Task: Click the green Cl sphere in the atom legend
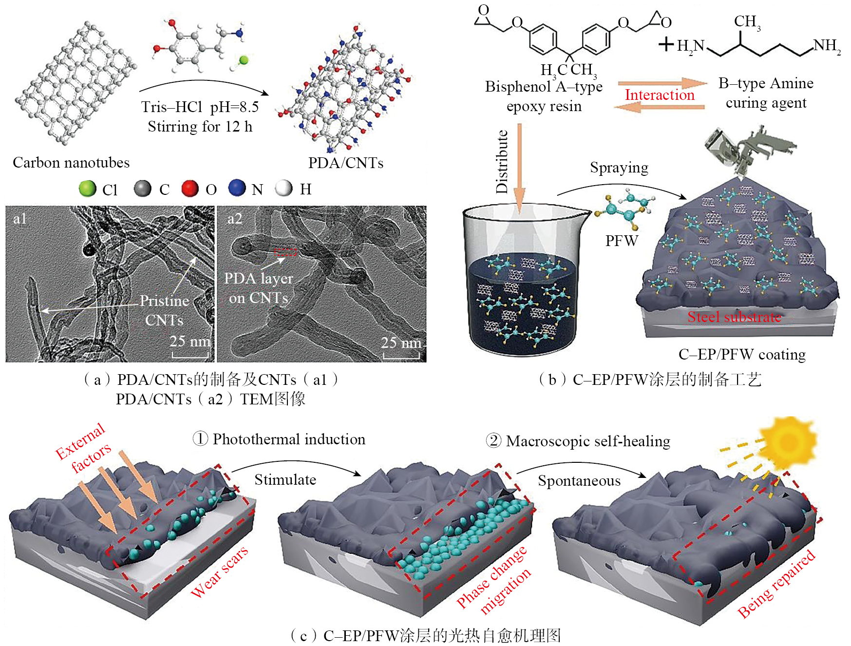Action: (88, 189)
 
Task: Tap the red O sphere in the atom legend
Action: (190, 188)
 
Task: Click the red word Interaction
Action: (660, 95)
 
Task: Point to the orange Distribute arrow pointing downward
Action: (519, 166)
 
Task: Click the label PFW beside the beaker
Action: (622, 240)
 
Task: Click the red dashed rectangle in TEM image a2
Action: (285, 251)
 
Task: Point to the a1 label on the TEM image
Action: (20, 219)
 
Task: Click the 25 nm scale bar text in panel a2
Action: (401, 342)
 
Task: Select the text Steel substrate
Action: (734, 317)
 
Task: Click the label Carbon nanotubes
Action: (71, 162)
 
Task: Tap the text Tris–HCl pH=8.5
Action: (200, 107)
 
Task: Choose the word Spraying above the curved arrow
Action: (619, 168)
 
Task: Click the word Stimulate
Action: (285, 479)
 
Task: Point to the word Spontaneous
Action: (579, 481)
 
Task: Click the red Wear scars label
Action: (219, 572)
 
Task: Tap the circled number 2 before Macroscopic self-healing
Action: (493, 441)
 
